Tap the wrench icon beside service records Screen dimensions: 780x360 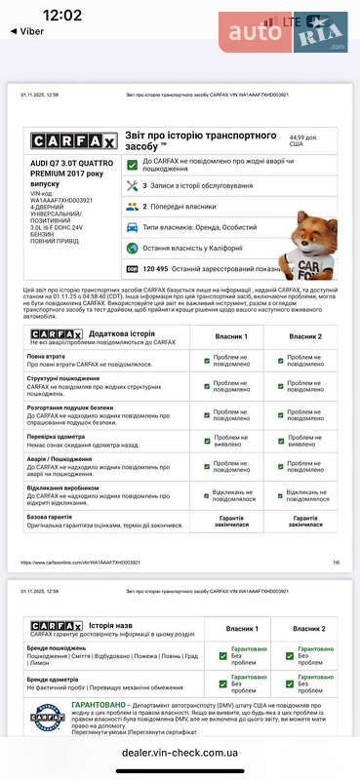132,185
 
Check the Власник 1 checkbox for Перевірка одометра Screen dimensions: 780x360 207,440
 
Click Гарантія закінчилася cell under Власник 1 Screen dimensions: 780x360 231,522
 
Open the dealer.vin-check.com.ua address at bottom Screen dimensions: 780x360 180,753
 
